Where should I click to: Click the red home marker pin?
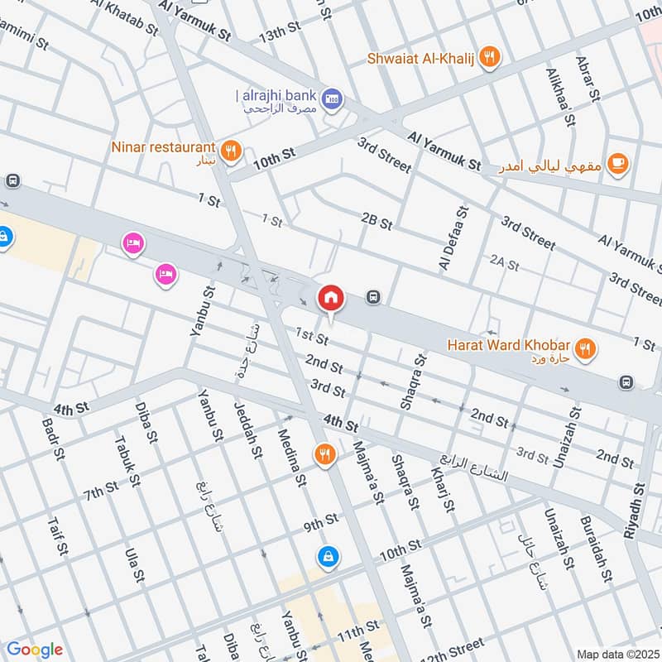331,297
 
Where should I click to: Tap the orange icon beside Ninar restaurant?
232,151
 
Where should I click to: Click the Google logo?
34,650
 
